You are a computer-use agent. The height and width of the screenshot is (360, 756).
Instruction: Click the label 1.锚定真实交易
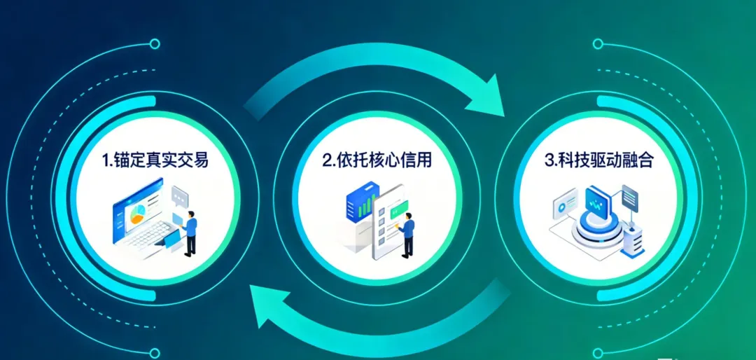155,160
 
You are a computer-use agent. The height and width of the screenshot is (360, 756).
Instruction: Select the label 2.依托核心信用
377,160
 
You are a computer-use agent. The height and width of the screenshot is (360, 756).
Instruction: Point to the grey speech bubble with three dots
181,195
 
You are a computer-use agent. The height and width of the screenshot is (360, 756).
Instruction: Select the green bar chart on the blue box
363,205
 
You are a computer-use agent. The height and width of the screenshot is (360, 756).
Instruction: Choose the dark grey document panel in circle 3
629,199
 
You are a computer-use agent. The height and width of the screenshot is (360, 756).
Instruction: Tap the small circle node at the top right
597,44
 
